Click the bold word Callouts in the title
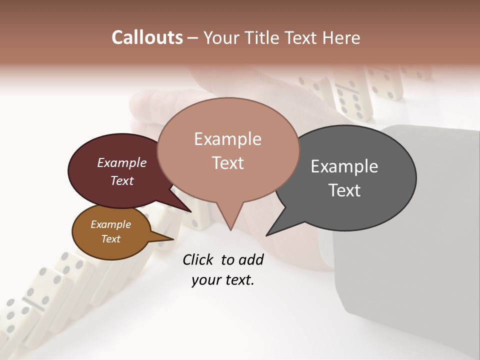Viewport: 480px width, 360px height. click(147, 37)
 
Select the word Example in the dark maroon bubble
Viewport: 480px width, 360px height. click(122, 162)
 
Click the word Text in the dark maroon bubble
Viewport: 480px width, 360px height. click(122, 180)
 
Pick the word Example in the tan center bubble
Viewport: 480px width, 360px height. click(227, 139)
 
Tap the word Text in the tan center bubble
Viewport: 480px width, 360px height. click(227, 163)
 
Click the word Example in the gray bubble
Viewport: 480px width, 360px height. click(344, 166)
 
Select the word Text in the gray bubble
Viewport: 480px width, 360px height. click(344, 190)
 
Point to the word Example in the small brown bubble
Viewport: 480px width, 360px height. click(110, 224)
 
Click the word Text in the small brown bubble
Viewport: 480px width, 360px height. click(110, 239)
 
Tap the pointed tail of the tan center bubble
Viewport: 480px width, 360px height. click(230, 225)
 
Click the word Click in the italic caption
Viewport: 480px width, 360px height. click(199, 259)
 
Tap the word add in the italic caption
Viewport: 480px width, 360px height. click(251, 259)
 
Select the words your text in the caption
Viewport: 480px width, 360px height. click(222, 280)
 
